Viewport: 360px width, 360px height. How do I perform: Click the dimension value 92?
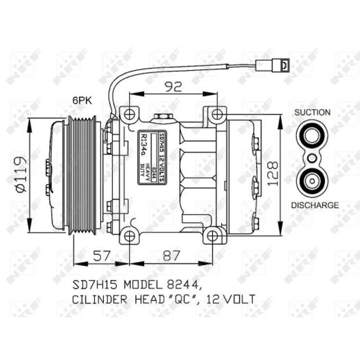click(173, 87)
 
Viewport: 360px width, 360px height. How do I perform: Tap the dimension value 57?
click(102, 255)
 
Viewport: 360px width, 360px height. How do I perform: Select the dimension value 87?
click(171, 255)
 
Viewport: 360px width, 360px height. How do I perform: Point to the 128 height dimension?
click(273, 174)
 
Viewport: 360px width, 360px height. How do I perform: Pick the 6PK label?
click(82, 100)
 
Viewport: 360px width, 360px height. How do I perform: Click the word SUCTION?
click(312, 112)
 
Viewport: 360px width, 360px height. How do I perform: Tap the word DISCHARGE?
click(315, 205)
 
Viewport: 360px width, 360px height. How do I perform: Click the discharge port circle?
click(312, 181)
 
